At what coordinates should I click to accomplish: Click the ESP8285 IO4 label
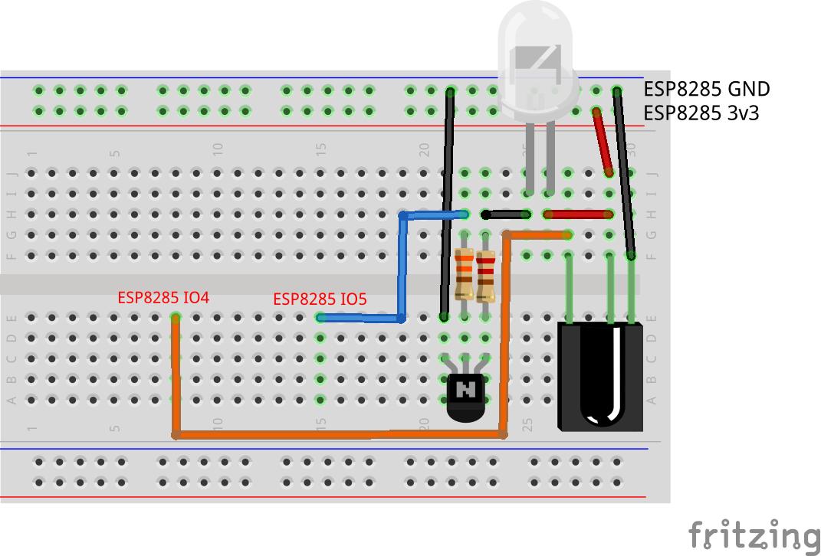pyautogui.click(x=163, y=297)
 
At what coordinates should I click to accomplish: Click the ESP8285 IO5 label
pyautogui.click(x=319, y=299)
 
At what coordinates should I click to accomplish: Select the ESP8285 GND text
pyautogui.click(x=706, y=90)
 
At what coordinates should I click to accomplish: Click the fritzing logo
pyautogui.click(x=754, y=534)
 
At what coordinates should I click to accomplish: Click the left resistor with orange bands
pyautogui.click(x=464, y=274)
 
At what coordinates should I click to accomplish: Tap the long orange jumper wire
pyautogui.click(x=337, y=435)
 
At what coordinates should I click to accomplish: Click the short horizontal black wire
pyautogui.click(x=507, y=215)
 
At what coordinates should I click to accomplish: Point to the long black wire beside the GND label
pyautogui.click(x=623, y=172)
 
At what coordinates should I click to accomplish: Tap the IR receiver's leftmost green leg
pyautogui.click(x=569, y=287)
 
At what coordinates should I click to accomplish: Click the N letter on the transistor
pyautogui.click(x=465, y=391)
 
